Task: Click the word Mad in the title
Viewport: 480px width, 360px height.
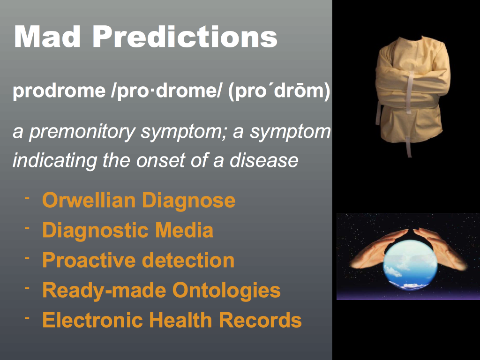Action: point(47,37)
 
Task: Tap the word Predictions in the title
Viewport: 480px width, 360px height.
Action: point(185,37)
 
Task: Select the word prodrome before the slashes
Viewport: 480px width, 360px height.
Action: point(59,90)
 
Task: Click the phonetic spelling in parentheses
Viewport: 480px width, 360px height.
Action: point(279,91)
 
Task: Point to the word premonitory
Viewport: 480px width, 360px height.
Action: point(82,132)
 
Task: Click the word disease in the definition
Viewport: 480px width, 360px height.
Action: point(264,160)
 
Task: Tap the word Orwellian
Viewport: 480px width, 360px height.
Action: point(89,200)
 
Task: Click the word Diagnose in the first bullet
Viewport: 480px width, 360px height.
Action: point(188,201)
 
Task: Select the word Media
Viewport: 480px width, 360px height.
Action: point(184,230)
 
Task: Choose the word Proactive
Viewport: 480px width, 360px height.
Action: point(89,260)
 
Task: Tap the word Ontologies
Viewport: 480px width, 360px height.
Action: point(226,291)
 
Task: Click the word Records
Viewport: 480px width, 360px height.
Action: point(260,320)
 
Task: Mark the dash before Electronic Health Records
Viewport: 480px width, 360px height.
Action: point(27,318)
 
